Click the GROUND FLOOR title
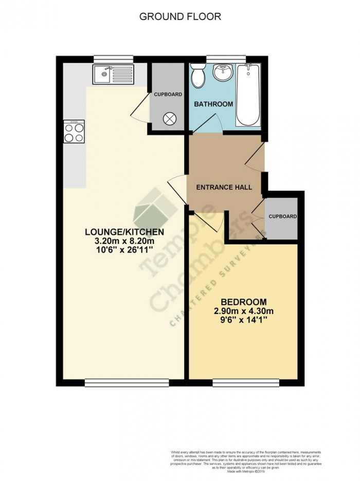(x=180, y=16)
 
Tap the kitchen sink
(x=113, y=75)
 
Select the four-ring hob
(x=74, y=132)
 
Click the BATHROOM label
(x=213, y=104)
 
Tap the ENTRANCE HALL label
(x=224, y=187)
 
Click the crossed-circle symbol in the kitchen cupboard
(x=169, y=119)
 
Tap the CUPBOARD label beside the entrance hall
(x=283, y=217)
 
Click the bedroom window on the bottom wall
(x=246, y=382)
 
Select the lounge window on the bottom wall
(x=127, y=382)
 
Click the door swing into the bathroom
(x=211, y=123)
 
